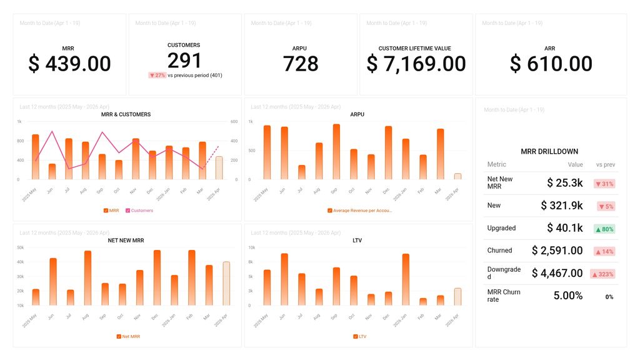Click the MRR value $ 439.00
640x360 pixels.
69,64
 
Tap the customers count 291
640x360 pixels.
184,61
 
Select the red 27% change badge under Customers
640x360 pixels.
157,75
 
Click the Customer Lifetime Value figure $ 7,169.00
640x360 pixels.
416,64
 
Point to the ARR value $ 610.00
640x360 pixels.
551,64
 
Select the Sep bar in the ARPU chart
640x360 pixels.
336,152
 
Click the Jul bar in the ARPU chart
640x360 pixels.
302,172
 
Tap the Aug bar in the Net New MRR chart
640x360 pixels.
87,278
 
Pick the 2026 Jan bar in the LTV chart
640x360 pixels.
406,279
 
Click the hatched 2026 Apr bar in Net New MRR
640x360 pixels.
226,284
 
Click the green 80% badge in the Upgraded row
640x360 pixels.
604,229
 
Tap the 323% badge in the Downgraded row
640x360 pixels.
602,274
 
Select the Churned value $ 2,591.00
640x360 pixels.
557,251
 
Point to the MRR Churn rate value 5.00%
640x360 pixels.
567,296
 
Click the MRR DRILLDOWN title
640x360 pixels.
549,151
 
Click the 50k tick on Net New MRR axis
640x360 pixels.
20,247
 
